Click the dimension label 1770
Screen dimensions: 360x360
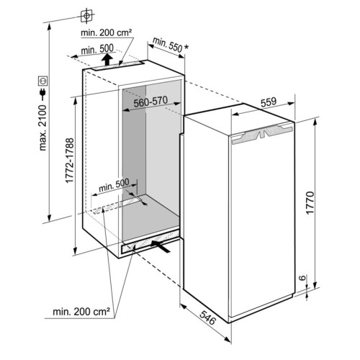[x=310, y=203]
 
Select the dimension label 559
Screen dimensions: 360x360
[x=269, y=102]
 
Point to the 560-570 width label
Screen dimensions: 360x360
[x=150, y=102]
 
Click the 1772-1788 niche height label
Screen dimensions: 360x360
[x=70, y=161]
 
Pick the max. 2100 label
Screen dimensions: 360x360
[x=42, y=127]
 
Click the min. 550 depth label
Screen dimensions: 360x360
[x=167, y=45]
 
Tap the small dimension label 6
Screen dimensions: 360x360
[x=303, y=278]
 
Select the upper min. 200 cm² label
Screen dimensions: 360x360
[x=107, y=33]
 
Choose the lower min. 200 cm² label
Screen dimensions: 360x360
[x=81, y=312]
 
